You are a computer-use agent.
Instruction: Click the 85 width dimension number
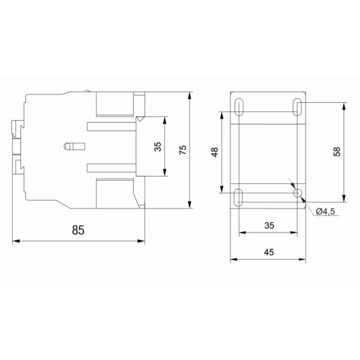(x=78, y=230)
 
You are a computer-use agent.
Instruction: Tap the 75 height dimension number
(x=183, y=150)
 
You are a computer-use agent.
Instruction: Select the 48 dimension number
(x=215, y=152)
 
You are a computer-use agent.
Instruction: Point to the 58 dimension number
(x=337, y=152)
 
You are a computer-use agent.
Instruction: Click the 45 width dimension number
(x=269, y=253)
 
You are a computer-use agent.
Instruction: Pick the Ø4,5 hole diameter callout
(x=325, y=211)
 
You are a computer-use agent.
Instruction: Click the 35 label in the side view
(x=157, y=147)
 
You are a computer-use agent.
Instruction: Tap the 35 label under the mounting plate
(x=269, y=225)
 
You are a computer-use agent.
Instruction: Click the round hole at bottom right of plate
(x=297, y=193)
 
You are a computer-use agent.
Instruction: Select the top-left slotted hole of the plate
(x=239, y=107)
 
